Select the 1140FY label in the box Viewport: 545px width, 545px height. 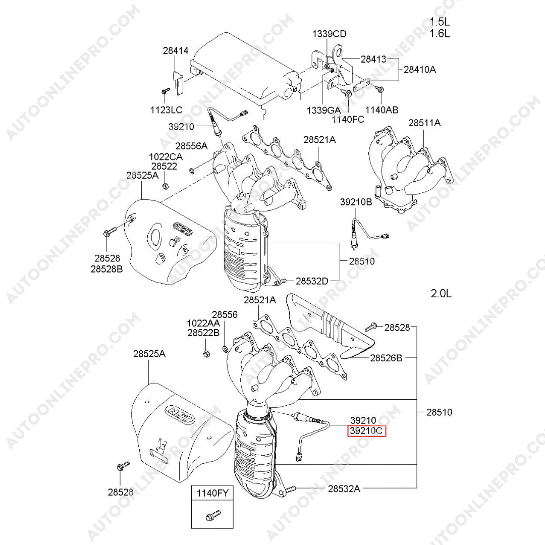[x=212, y=494]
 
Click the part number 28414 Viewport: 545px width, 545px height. [x=175, y=51]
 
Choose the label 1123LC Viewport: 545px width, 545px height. [x=165, y=110]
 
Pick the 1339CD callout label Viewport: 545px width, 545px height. [x=329, y=34]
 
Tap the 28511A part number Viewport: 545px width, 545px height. [x=424, y=123]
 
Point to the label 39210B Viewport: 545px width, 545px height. [x=356, y=202]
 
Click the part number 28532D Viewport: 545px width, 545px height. [x=312, y=281]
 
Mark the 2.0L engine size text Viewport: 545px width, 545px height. [x=441, y=293]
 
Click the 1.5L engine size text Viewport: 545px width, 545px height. [x=440, y=22]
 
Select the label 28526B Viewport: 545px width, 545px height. [x=386, y=358]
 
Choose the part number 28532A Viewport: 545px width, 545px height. [x=344, y=488]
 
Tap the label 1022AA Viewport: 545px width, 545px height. [x=203, y=323]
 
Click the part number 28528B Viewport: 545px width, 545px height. [x=106, y=269]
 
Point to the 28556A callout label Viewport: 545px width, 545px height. [x=191, y=146]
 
